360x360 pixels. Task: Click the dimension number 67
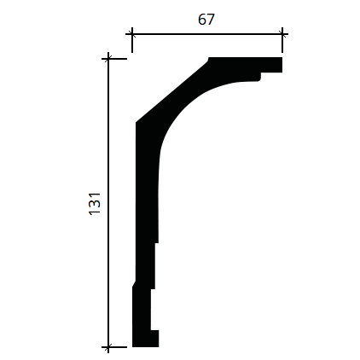pyautogui.click(x=206, y=20)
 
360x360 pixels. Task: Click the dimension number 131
pyautogui.click(x=95, y=204)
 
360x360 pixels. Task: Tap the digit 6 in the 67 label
pyautogui.click(x=202, y=20)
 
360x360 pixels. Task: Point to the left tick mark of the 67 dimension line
pyautogui.click(x=132, y=34)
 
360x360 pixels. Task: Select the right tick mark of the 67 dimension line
pyautogui.click(x=282, y=34)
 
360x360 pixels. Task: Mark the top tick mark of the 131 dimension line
pyautogui.click(x=108, y=59)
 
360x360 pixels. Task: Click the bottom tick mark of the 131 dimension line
pyautogui.click(x=108, y=347)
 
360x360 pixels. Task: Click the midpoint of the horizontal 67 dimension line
pyautogui.click(x=207, y=34)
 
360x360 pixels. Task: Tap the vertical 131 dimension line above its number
pyautogui.click(x=108, y=125)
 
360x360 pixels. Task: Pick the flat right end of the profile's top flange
pyautogui.click(x=282, y=65)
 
